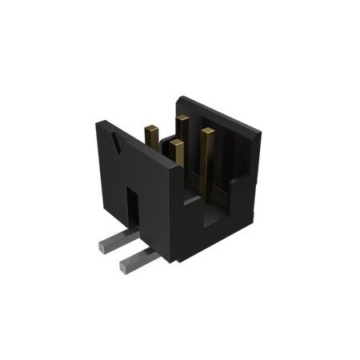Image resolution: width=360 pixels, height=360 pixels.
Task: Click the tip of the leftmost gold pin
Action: coord(150,126)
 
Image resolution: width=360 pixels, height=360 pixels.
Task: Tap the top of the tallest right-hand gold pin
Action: coord(207,130)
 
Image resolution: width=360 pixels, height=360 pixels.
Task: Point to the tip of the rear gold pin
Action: coord(182,119)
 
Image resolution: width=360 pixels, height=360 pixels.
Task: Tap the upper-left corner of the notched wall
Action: coord(100,122)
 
